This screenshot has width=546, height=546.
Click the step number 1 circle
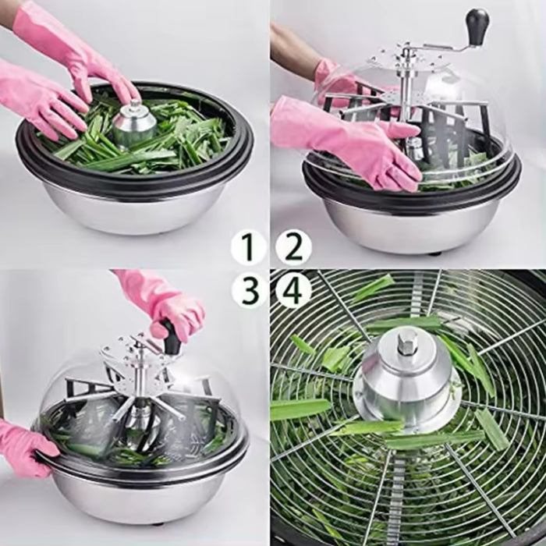pyautogui.click(x=249, y=247)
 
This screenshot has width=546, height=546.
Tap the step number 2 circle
pyautogui.click(x=293, y=247)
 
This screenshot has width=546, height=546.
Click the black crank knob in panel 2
pyautogui.click(x=477, y=23)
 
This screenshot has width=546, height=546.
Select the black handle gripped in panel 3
pyautogui.click(x=172, y=336)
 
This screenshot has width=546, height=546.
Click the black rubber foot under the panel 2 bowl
pyautogui.click(x=434, y=253)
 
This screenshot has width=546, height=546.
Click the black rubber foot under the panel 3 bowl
pyautogui.click(x=158, y=523)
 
